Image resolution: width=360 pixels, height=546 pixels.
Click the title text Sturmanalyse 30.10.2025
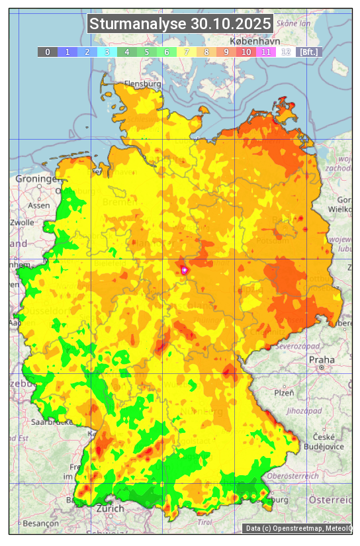(180, 24)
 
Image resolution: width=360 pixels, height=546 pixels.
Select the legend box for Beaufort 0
(48, 52)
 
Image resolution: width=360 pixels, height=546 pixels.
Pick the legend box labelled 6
(167, 52)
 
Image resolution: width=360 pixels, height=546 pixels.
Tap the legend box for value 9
(226, 52)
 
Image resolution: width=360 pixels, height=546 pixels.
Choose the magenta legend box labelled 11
(266, 52)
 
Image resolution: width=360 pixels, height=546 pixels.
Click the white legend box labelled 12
(286, 52)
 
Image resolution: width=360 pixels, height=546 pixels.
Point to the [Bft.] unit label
(308, 52)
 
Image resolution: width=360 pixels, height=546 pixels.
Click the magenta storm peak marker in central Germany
(184, 270)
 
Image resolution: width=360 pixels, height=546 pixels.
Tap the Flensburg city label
(143, 85)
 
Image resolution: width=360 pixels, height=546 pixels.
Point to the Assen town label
(39, 205)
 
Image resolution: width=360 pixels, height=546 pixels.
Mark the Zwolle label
(22, 222)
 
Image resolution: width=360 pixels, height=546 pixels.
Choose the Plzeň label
(284, 392)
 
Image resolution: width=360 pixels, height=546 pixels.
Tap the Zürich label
(110, 508)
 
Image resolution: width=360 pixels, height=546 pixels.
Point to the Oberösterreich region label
(293, 476)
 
